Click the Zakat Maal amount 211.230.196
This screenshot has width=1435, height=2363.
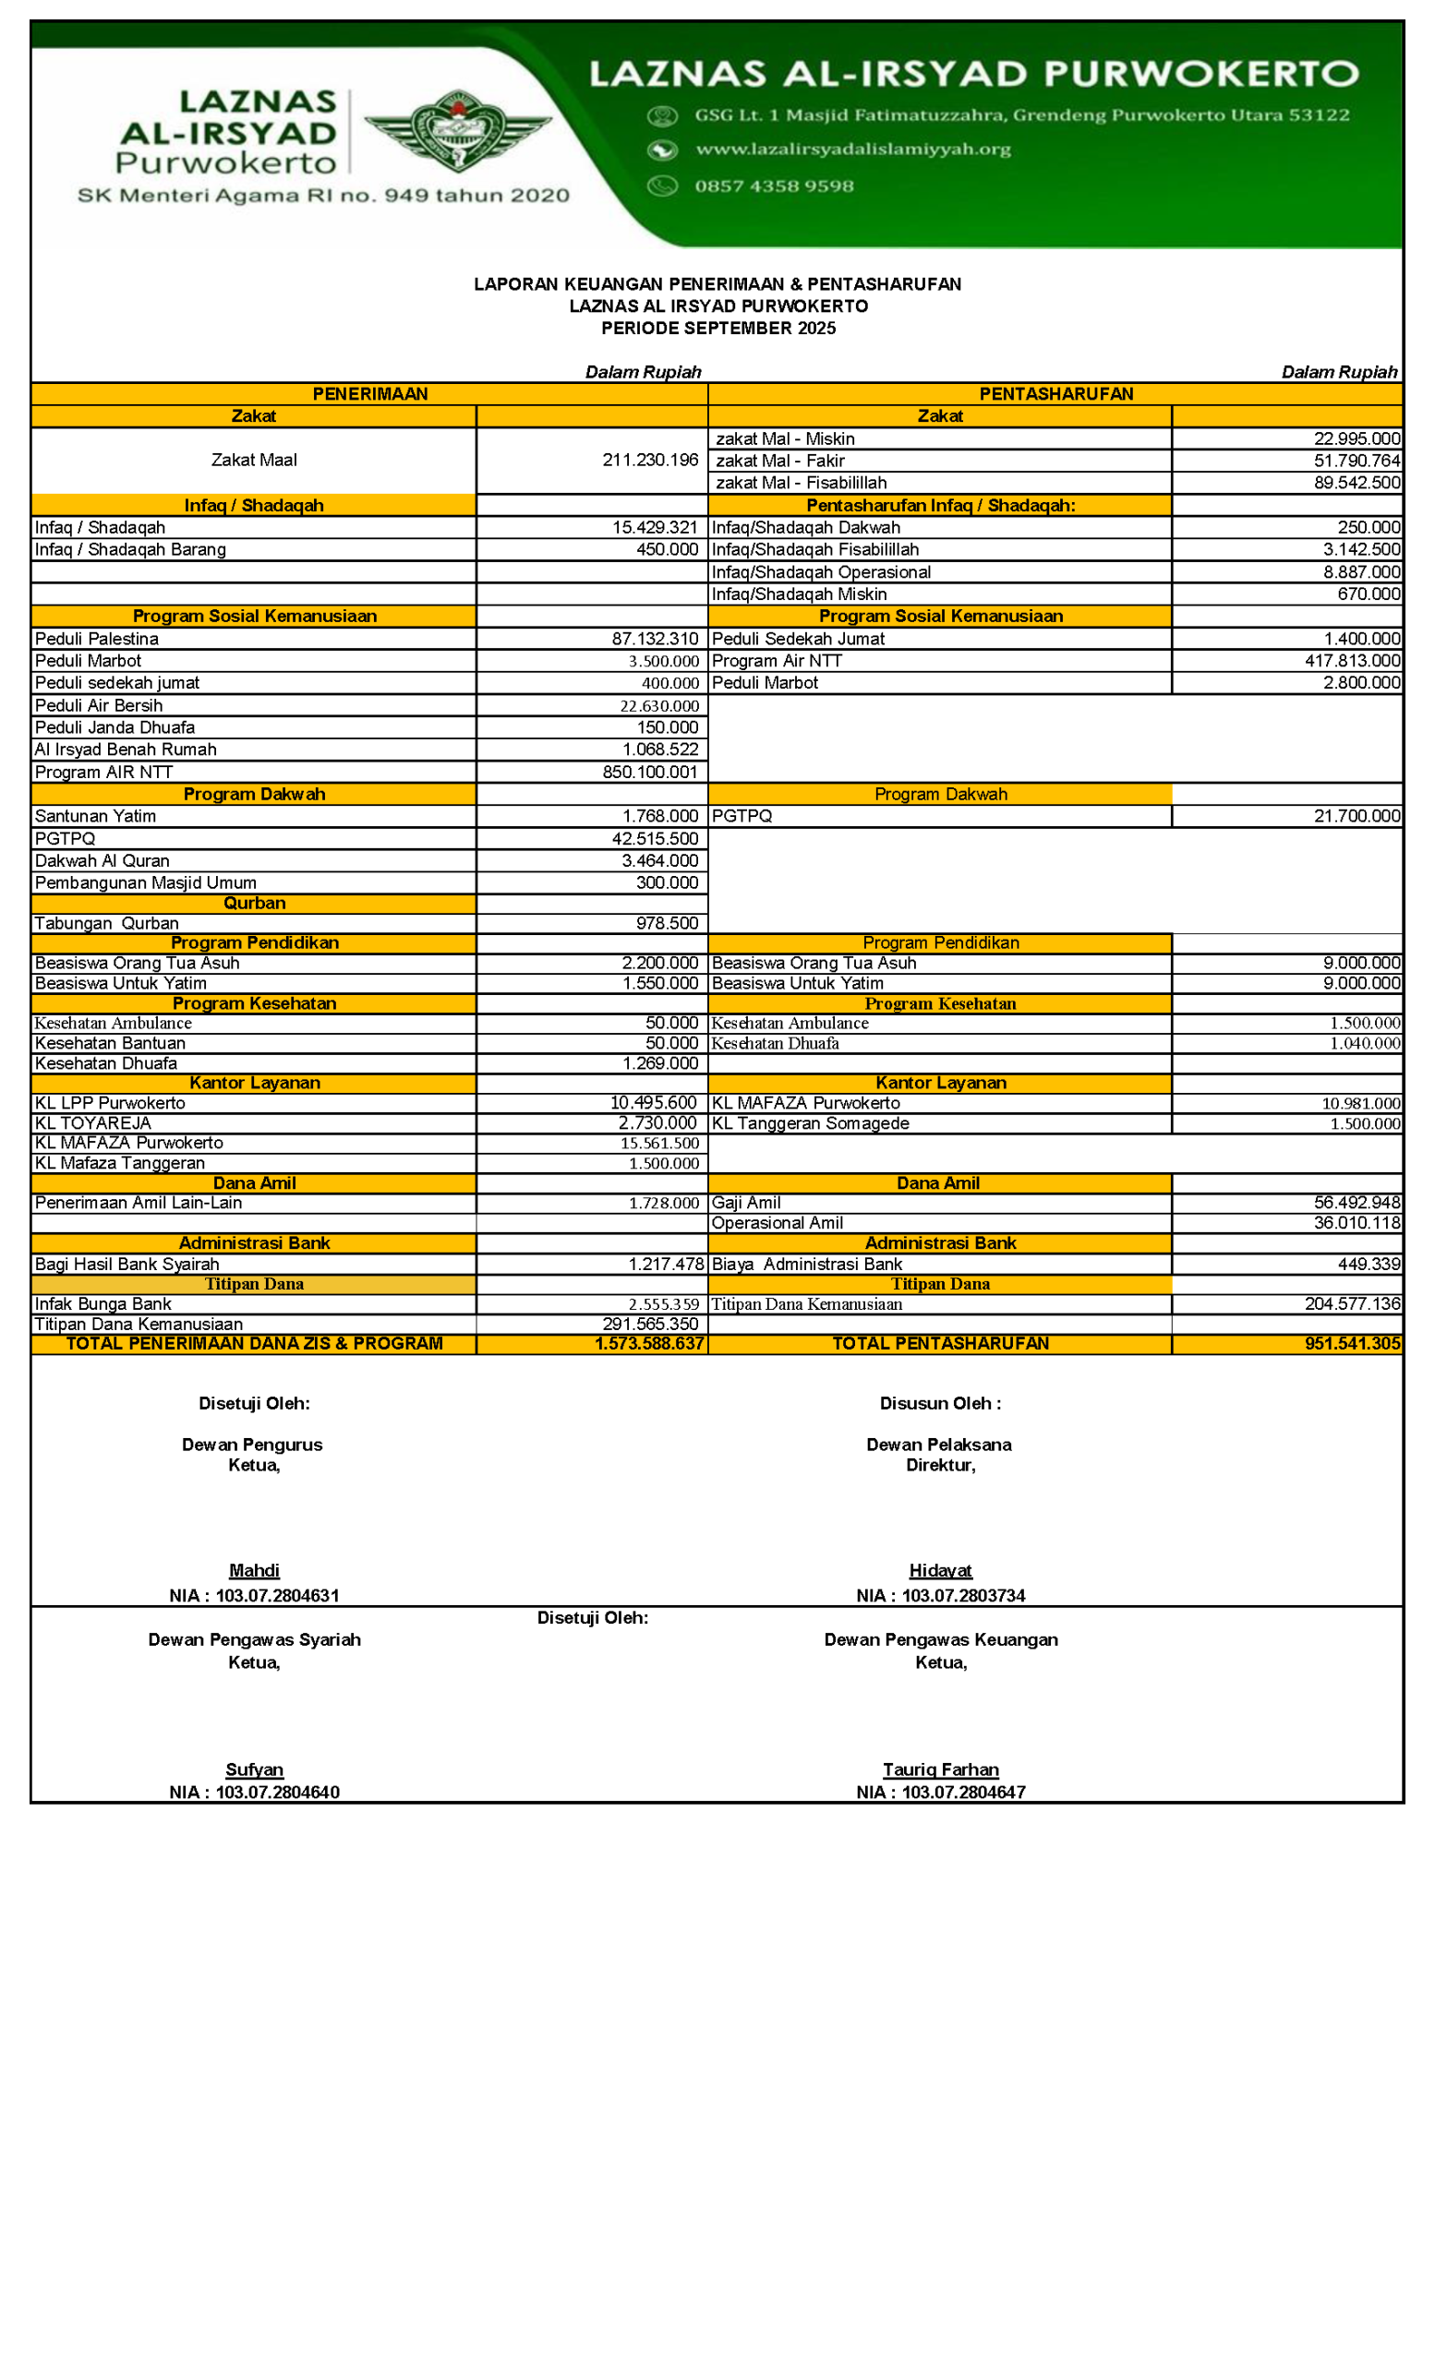[649, 461]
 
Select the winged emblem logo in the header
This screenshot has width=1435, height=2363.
[459, 130]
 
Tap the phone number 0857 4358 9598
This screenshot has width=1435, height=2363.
[773, 186]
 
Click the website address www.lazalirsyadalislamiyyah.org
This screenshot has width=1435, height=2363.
[852, 150]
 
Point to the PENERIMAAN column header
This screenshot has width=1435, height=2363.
[370, 394]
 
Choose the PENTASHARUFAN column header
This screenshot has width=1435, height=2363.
[1055, 394]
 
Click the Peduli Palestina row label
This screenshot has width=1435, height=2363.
[97, 639]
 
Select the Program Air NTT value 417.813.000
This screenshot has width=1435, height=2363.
[1352, 661]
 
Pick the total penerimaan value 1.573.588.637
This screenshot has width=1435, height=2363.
[648, 1344]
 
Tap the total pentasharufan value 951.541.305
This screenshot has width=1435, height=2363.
[1352, 1344]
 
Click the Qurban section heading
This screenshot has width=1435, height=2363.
[254, 904]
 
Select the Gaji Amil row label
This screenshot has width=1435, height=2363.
[746, 1203]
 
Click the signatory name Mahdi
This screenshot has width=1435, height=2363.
[254, 1571]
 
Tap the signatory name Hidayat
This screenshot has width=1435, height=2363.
[940, 1571]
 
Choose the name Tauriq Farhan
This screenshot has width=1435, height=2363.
[940, 1769]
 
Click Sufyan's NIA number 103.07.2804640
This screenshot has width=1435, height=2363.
[277, 1793]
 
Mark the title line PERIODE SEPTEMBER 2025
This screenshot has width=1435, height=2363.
[717, 328]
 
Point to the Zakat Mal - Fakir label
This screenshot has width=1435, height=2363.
[780, 462]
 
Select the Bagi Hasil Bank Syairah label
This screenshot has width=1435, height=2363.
[127, 1264]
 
